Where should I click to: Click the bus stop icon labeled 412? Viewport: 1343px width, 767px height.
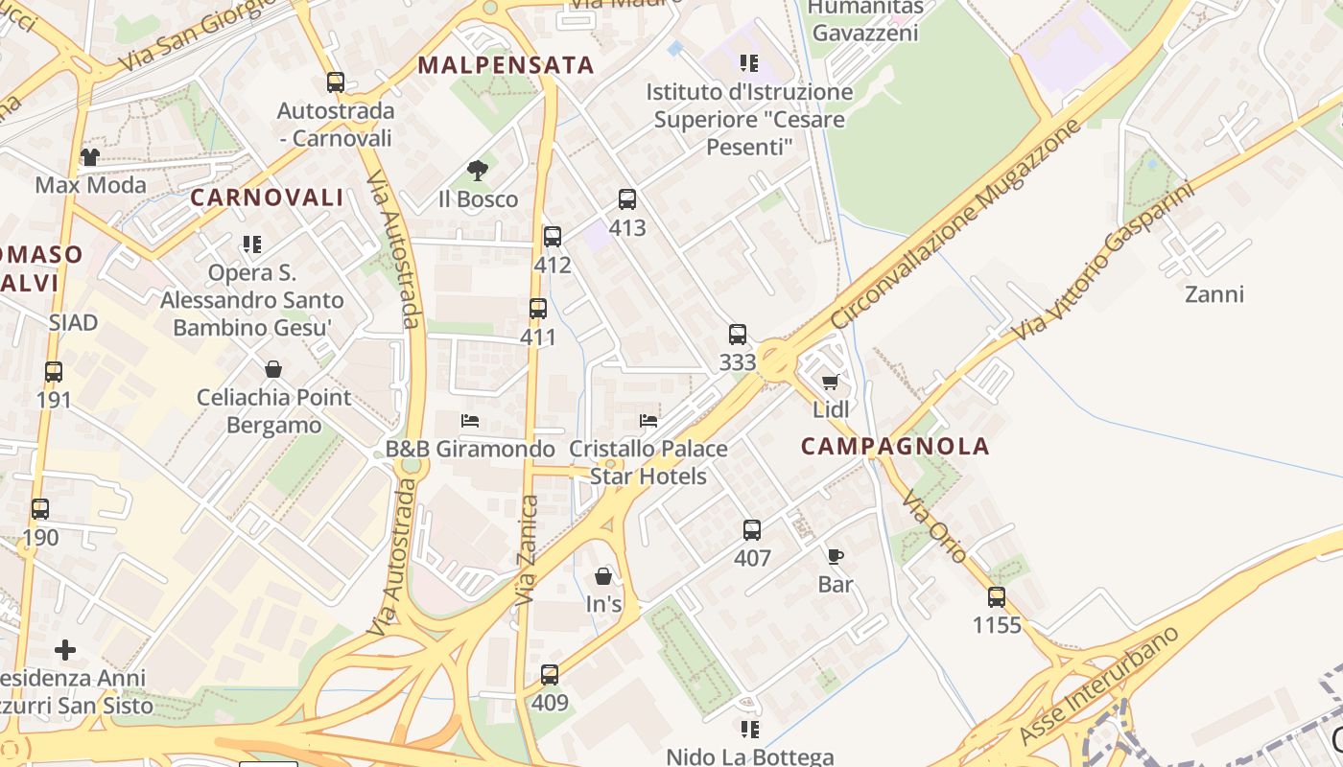pyautogui.click(x=553, y=237)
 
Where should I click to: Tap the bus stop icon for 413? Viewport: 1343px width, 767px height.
pyautogui.click(x=627, y=199)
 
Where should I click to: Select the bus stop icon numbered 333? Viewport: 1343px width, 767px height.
pyautogui.click(x=737, y=335)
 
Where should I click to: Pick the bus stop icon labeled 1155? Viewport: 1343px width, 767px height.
pyautogui.click(x=997, y=597)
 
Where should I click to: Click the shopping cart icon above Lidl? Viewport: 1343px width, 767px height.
pyautogui.click(x=831, y=383)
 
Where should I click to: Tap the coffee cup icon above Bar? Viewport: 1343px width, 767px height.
pyautogui.click(x=835, y=556)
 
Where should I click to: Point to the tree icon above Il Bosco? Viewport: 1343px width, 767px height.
pyautogui.click(x=477, y=172)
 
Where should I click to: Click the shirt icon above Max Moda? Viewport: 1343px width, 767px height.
pyautogui.click(x=89, y=156)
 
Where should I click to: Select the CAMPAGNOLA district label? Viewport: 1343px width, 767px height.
pyautogui.click(x=895, y=446)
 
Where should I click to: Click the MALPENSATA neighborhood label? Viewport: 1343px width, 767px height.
pyautogui.click(x=507, y=65)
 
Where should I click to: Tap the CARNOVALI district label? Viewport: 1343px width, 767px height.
pyautogui.click(x=267, y=198)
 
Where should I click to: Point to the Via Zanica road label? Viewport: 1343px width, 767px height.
pyautogui.click(x=527, y=549)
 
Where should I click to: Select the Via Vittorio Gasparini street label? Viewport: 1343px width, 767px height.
pyautogui.click(x=1103, y=260)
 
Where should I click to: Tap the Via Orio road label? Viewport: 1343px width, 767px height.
pyautogui.click(x=933, y=526)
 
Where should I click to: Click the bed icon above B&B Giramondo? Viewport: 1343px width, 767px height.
pyautogui.click(x=470, y=421)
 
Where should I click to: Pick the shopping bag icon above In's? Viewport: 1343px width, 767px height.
pyautogui.click(x=603, y=576)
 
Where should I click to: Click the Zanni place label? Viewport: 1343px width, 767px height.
pyautogui.click(x=1214, y=293)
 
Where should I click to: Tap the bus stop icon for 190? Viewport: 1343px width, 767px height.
pyautogui.click(x=40, y=509)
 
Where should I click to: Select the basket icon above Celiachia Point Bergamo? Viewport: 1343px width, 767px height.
pyautogui.click(x=273, y=369)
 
